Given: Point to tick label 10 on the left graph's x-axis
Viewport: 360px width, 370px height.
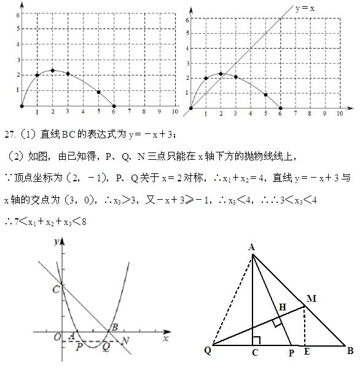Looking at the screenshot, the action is pyautogui.click(x=174, y=112).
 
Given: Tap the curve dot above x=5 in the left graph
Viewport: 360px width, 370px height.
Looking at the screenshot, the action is pyautogui.click(x=98, y=92).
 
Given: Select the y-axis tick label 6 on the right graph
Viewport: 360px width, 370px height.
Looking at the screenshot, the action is pyautogui.click(x=187, y=20).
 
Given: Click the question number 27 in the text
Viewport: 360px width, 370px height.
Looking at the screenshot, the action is pyautogui.click(x=10, y=134).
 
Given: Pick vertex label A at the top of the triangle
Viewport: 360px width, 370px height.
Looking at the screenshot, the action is pyautogui.click(x=252, y=247).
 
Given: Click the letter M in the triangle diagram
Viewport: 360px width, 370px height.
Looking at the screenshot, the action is pyautogui.click(x=311, y=299).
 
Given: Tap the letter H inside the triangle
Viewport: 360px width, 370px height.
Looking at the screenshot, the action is pyautogui.click(x=282, y=307).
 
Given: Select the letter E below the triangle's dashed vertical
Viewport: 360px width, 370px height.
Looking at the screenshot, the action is pyautogui.click(x=305, y=352).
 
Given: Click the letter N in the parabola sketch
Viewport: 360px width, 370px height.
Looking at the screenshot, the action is pyautogui.click(x=126, y=340).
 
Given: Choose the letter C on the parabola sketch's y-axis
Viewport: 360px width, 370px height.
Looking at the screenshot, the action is pyautogui.click(x=56, y=288).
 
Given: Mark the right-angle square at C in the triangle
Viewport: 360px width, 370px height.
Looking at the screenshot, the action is pyautogui.click(x=256, y=340).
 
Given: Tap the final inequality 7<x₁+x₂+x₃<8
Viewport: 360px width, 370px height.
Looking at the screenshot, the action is pyautogui.click(x=45, y=221).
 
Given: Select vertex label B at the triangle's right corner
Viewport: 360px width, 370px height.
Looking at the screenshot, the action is pyautogui.click(x=350, y=352).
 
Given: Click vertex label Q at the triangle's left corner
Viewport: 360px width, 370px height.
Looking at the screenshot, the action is pyautogui.click(x=208, y=351).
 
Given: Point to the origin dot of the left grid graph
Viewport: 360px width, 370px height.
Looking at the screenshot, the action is pyautogui.click(x=22, y=106).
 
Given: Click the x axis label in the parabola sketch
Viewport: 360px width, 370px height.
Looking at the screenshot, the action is pyautogui.click(x=165, y=338).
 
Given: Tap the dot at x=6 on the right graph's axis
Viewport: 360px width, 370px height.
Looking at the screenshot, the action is pyautogui.click(x=280, y=108).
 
